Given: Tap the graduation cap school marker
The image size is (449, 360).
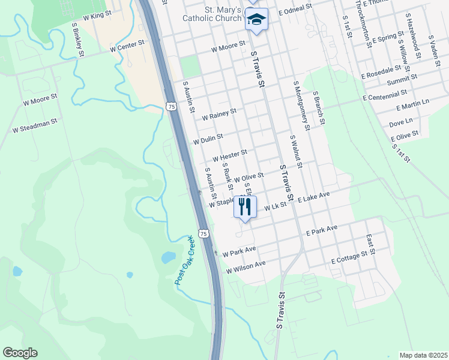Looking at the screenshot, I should [x=256, y=20].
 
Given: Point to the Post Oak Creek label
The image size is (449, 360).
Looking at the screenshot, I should [x=184, y=260].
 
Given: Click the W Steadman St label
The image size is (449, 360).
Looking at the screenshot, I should [x=34, y=125].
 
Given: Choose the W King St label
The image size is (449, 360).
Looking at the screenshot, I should [x=97, y=16].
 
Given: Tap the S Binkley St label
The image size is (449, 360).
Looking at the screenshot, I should [x=77, y=40].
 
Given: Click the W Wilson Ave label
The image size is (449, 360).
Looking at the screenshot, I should [x=246, y=268].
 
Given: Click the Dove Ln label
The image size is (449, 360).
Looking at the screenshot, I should [x=400, y=123].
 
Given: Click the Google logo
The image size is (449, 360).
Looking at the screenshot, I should [x=20, y=353].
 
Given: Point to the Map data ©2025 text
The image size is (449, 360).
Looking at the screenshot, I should [x=423, y=355].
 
